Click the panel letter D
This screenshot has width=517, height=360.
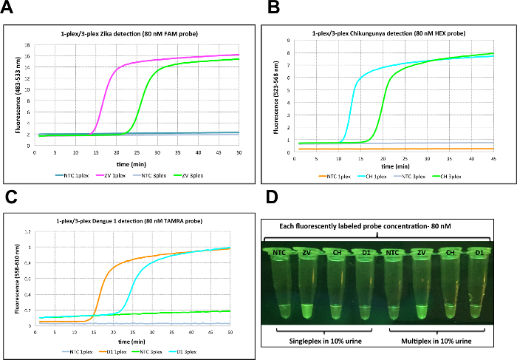click(273, 197)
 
